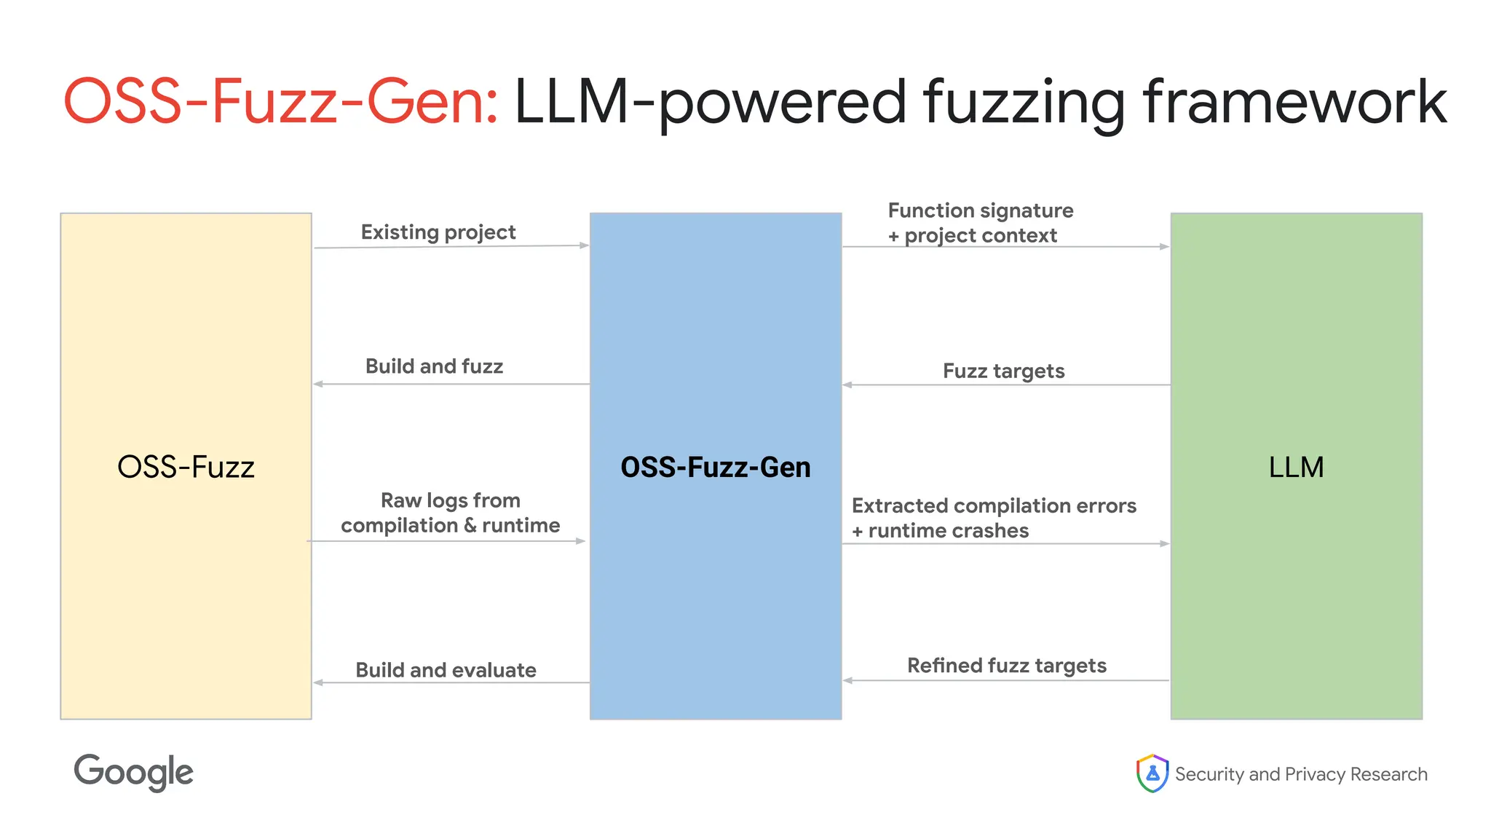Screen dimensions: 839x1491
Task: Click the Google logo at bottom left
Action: [133, 772]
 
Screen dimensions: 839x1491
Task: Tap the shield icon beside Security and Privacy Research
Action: [1152, 773]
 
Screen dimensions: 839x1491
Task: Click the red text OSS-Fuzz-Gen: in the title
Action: [281, 102]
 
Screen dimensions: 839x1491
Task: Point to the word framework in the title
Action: [1294, 102]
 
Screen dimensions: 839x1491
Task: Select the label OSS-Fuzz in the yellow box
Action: [186, 467]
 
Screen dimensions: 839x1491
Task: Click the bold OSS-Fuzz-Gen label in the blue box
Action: [715, 467]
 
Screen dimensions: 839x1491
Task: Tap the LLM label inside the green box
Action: [1296, 467]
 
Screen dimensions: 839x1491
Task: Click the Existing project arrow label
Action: [438, 232]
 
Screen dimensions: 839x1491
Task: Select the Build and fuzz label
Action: [434, 366]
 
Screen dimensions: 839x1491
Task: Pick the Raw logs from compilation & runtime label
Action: [450, 513]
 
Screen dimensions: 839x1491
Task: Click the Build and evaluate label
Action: [446, 670]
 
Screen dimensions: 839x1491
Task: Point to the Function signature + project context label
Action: [980, 223]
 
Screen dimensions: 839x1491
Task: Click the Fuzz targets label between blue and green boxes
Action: [1003, 371]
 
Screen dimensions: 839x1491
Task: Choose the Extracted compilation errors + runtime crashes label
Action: [993, 518]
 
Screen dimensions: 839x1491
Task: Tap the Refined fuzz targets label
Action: [1006, 666]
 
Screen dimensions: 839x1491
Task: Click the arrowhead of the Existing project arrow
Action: [584, 245]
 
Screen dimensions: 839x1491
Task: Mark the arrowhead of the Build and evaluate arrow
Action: [318, 682]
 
